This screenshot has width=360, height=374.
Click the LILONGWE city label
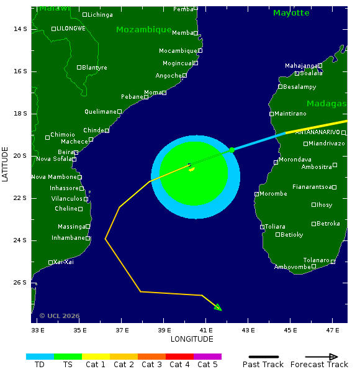71,29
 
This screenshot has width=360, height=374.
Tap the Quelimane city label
101,112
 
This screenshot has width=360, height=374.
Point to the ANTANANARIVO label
317,132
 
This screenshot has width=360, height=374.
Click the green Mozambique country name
144,30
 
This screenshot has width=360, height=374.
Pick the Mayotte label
291,13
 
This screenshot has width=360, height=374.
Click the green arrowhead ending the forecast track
218,307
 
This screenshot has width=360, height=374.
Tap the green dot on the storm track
232,150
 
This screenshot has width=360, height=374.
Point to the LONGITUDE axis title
192,339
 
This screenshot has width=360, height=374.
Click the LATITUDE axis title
6,164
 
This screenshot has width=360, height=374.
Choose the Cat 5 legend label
208,365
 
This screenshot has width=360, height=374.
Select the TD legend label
40,365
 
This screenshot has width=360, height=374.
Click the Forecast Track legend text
314,365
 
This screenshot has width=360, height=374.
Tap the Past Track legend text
263,365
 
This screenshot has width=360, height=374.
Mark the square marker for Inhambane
88,238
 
